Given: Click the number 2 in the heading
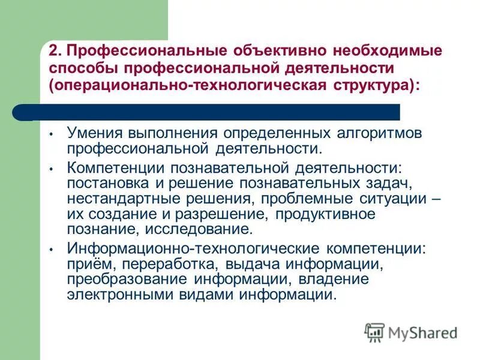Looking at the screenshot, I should coord(54,50).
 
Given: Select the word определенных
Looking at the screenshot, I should coord(259,134).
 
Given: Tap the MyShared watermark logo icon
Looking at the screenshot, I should coord(374,332).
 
